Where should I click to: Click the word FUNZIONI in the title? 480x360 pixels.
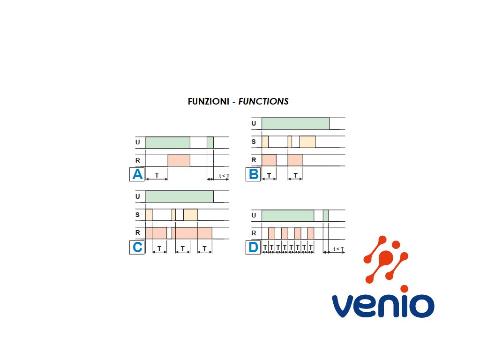[208, 101]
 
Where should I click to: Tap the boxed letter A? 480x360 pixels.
[137, 174]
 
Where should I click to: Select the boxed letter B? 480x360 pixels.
[253, 174]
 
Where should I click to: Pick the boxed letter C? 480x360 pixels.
[137, 247]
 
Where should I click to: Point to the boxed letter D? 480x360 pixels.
[253, 247]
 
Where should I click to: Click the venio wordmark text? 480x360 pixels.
[383, 306]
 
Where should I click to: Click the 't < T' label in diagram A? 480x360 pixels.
[224, 176]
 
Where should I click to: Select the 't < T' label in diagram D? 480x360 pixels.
[338, 249]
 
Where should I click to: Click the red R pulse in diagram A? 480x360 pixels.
[179, 160]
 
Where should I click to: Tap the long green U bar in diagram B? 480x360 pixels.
[295, 123]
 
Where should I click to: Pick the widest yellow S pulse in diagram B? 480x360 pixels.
[307, 142]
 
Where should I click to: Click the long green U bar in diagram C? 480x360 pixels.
[180, 196]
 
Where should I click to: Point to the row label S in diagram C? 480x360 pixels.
[137, 215]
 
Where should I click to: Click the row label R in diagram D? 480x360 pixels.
[254, 233]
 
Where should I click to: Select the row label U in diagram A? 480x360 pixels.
[137, 142]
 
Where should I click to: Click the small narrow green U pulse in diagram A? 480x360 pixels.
[210, 142]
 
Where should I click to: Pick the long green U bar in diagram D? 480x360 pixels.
[287, 216]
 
